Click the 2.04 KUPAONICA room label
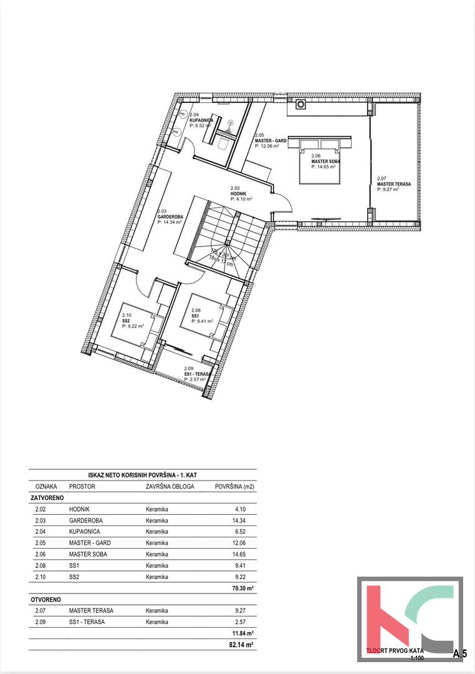(x=200, y=120)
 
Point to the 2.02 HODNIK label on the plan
(x=241, y=194)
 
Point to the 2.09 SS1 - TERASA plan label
(x=199, y=374)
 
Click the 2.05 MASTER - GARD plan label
(x=271, y=141)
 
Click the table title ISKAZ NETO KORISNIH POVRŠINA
(x=143, y=474)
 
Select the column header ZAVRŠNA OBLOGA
(x=170, y=486)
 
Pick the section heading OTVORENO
(x=45, y=599)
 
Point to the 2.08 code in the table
(x=41, y=565)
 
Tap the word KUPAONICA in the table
(x=86, y=532)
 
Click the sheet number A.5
(x=460, y=653)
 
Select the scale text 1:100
(x=417, y=658)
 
